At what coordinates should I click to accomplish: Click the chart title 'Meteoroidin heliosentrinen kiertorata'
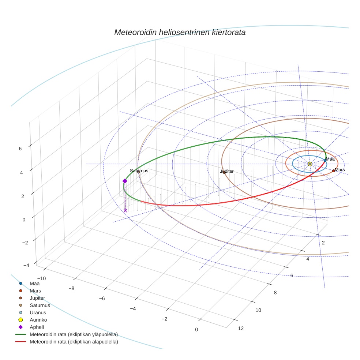180,32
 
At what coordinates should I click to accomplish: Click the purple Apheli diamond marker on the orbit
125,181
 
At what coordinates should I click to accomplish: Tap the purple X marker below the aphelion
125,211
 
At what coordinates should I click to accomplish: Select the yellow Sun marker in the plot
310,164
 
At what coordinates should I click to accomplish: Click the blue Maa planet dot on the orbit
325,160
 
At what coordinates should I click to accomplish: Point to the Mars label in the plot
340,170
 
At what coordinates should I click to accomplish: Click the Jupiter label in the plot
227,171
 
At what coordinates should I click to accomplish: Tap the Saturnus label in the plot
139,170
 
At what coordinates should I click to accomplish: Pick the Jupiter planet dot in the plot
224,172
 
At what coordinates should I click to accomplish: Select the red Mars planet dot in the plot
333,171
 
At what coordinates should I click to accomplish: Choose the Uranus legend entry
38,312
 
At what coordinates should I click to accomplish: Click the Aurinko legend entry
38,320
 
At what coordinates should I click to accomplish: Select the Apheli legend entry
37,327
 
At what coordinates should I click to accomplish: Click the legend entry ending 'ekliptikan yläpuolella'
74,334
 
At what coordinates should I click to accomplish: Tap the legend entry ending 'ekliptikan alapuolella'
74,342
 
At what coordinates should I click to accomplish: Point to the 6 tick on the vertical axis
20,149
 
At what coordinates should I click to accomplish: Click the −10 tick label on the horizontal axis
41,278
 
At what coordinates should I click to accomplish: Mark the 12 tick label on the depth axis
241,328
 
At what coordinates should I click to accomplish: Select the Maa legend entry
34,283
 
